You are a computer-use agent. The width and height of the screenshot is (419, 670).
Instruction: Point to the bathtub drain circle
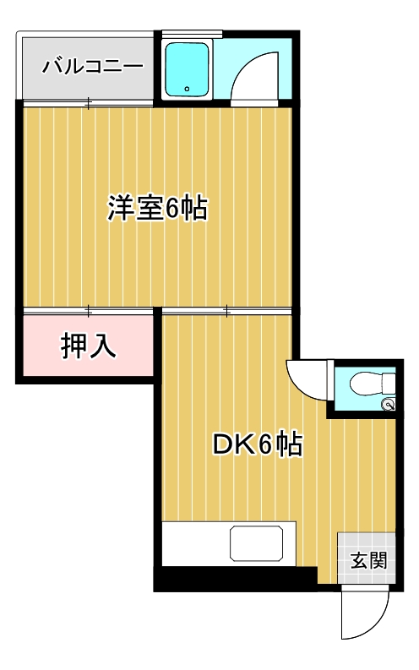pyautogui.click(x=188, y=87)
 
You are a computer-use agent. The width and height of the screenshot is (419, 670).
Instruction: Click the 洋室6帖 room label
pyautogui.click(x=157, y=208)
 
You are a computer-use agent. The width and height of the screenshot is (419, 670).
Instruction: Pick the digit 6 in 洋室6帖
pyautogui.click(x=171, y=208)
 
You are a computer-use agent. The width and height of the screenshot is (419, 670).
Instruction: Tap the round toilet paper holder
pyautogui.click(x=389, y=406)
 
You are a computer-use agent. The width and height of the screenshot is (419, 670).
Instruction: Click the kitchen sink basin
pyautogui.click(x=257, y=544)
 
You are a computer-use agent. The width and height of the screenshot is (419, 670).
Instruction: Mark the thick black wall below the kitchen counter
pyautogui.click(x=234, y=580)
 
